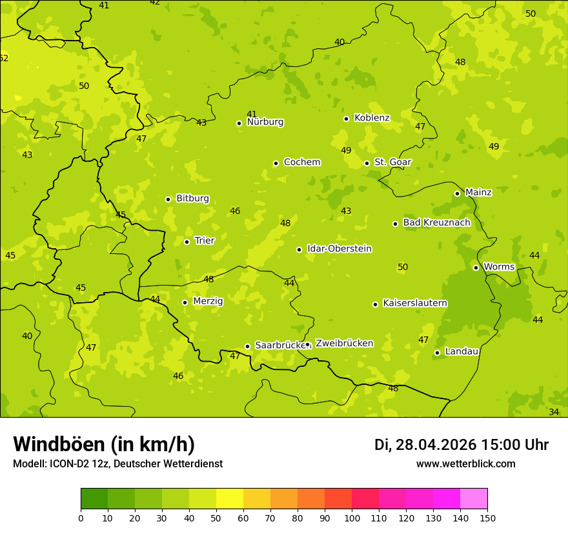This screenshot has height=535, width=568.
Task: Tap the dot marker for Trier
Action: tap(187, 242)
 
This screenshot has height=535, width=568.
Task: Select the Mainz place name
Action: tap(478, 192)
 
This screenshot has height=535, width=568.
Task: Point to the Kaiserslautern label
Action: tap(414, 303)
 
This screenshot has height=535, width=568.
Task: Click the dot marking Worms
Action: tap(476, 267)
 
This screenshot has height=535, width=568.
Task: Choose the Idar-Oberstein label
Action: tap(339, 248)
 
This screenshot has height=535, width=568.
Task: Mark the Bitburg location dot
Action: tap(168, 199)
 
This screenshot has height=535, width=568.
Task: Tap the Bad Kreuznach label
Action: tap(436, 222)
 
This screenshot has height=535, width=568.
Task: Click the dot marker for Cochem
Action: tap(276, 163)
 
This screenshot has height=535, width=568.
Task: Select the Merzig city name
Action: tap(208, 301)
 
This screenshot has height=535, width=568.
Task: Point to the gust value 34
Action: tap(554, 412)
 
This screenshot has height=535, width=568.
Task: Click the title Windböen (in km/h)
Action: tap(104, 444)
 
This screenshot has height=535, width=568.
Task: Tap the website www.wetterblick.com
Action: tap(465, 463)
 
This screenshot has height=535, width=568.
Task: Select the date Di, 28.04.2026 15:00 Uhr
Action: tap(462, 445)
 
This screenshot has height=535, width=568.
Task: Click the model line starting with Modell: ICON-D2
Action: tap(117, 463)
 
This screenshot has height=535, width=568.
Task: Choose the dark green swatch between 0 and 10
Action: tap(94, 499)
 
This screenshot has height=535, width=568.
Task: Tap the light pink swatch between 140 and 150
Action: tap(474, 499)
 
